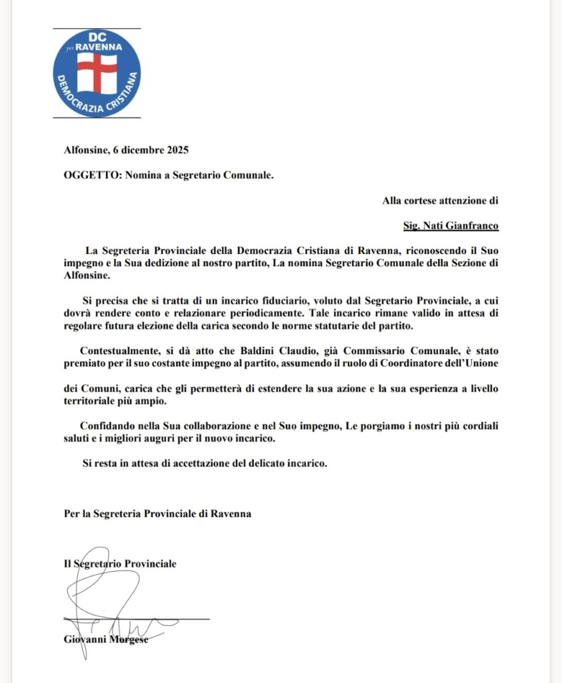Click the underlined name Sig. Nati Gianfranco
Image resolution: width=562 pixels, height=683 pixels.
(451, 225)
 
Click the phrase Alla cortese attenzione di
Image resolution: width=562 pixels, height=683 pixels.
(441, 200)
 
